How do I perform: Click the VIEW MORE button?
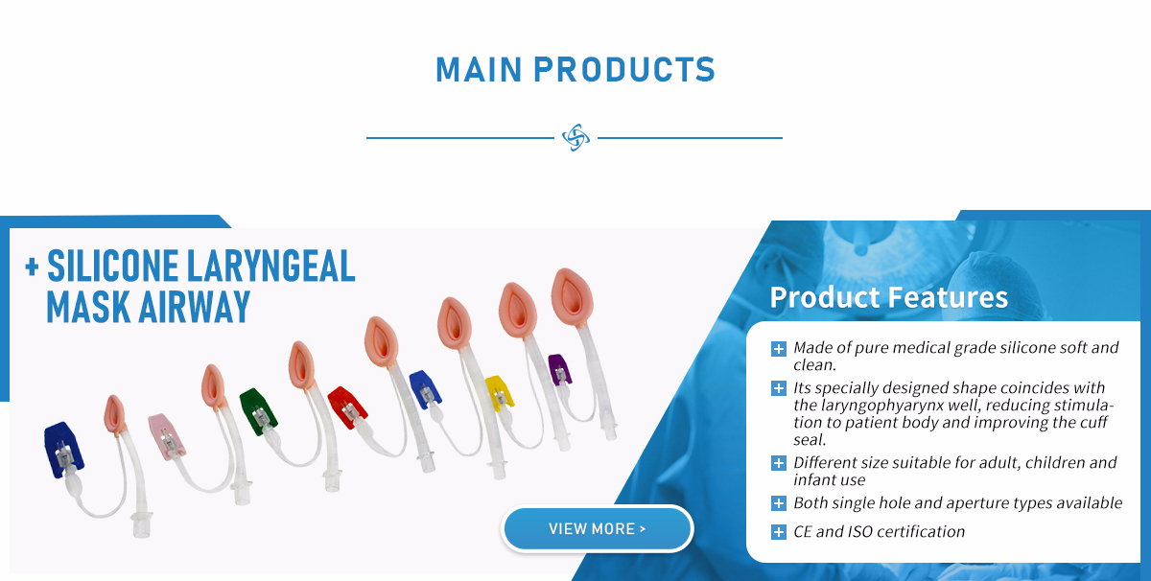tap(597, 528)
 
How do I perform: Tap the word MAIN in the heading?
tap(479, 69)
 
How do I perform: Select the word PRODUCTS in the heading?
tap(624, 69)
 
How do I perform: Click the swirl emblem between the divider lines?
tap(575, 138)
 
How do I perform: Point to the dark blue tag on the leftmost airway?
tap(62, 450)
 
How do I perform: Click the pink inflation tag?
tap(165, 435)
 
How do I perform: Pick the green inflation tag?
tap(258, 411)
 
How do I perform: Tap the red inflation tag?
tap(347, 407)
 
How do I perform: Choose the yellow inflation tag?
tap(499, 393)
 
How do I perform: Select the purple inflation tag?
tap(559, 369)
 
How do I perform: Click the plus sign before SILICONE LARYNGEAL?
tap(32, 267)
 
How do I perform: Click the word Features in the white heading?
tap(948, 297)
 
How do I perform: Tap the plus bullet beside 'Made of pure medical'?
tap(779, 349)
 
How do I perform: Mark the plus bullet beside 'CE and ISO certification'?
tap(779, 532)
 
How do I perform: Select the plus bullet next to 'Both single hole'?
tap(779, 503)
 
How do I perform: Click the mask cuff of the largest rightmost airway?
tap(572, 297)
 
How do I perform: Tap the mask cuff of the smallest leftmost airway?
tap(114, 414)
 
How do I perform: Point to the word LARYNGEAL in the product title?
tap(270, 266)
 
